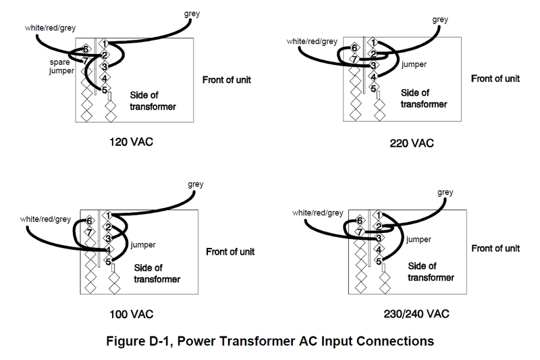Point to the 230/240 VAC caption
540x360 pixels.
pos(413,315)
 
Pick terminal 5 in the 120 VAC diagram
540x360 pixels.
pos(105,90)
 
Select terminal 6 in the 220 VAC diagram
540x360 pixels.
pos(354,48)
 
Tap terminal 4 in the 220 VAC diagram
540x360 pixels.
pos(373,76)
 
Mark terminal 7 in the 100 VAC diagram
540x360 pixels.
pos(88,232)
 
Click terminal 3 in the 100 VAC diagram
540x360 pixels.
pos(107,238)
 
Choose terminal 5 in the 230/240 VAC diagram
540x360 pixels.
pos(379,261)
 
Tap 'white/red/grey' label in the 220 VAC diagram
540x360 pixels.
pos(311,42)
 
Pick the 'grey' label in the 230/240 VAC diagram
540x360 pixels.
pos(446,192)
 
